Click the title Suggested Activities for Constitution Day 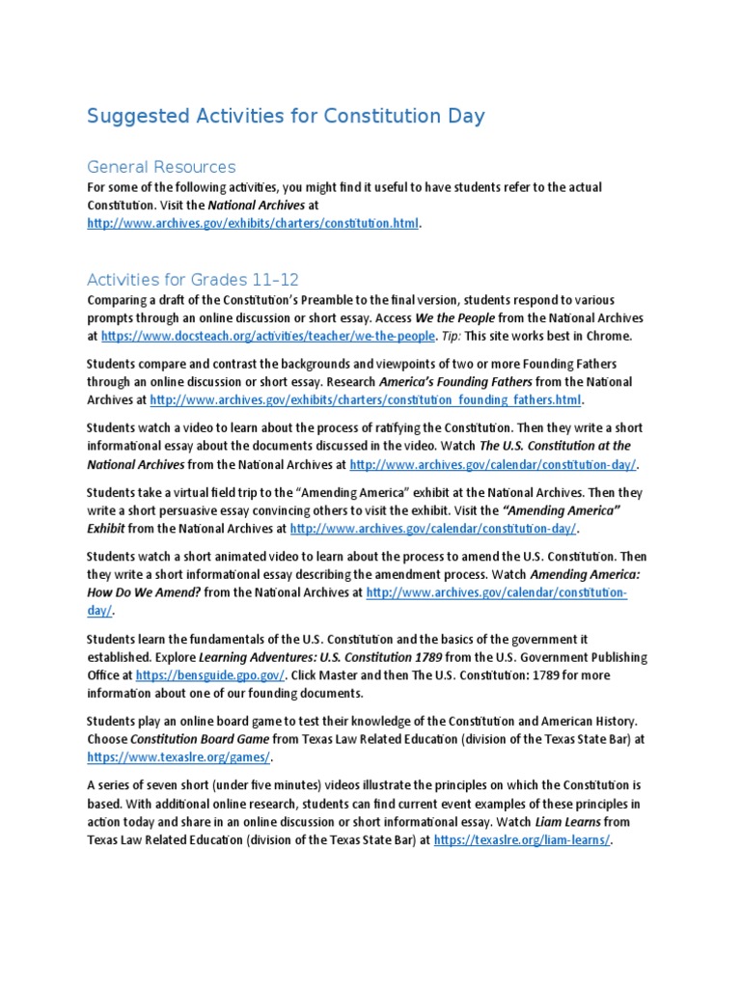286,117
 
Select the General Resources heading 161,167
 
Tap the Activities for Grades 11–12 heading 194,280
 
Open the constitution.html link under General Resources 254,223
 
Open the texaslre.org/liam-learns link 522,840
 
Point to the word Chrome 609,336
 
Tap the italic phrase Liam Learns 563,822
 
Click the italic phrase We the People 456,317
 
